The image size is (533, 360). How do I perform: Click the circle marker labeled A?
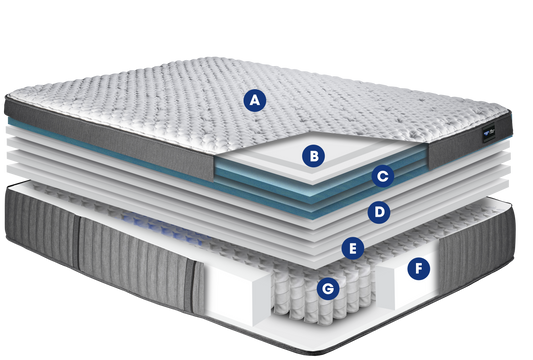[255, 100]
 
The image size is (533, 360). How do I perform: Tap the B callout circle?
[313, 156]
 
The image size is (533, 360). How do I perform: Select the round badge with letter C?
[383, 176]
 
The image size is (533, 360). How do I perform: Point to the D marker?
[379, 212]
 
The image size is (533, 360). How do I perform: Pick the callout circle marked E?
[353, 248]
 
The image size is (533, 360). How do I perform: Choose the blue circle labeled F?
[418, 269]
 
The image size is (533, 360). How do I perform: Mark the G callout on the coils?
[328, 289]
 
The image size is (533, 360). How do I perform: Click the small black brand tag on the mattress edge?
[489, 133]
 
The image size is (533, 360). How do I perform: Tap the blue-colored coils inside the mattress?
[160, 224]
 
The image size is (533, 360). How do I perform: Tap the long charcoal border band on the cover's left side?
[109, 139]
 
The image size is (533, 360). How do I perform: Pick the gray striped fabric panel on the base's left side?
[102, 248]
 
